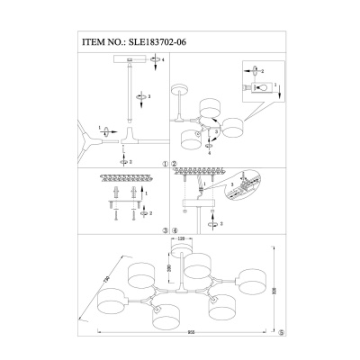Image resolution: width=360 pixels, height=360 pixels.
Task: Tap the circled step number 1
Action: pyautogui.click(x=166, y=165)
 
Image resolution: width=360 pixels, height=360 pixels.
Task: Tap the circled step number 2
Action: pyautogui.click(x=175, y=165)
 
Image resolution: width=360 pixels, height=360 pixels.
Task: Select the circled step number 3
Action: pyautogui.click(x=166, y=229)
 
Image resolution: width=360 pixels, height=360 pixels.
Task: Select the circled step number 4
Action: pyautogui.click(x=175, y=229)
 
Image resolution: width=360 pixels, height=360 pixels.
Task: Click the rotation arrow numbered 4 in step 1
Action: pyautogui.click(x=155, y=59)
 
